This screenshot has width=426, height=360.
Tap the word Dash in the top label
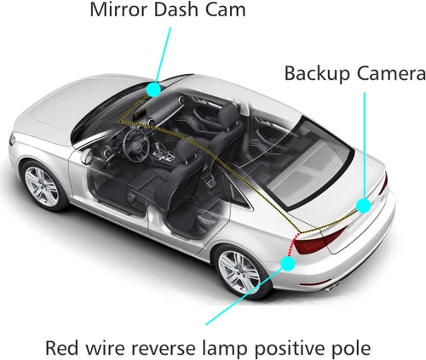pyautogui.click(x=177, y=9)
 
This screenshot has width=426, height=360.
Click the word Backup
pyautogui.click(x=317, y=74)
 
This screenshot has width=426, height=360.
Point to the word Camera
pyautogui.click(x=391, y=73)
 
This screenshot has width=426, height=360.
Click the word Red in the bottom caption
pyautogui.click(x=62, y=347)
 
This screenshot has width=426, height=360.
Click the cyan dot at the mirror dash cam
pyautogui.click(x=153, y=89)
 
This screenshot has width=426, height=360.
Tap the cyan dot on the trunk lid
pyautogui.click(x=363, y=205)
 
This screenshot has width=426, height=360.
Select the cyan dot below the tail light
pyautogui.click(x=288, y=263)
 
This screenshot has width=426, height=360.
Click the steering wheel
pyautogui.click(x=136, y=141)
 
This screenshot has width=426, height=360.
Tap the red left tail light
pyautogui.click(x=318, y=240)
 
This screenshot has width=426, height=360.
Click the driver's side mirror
pyautogui.click(x=86, y=157)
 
